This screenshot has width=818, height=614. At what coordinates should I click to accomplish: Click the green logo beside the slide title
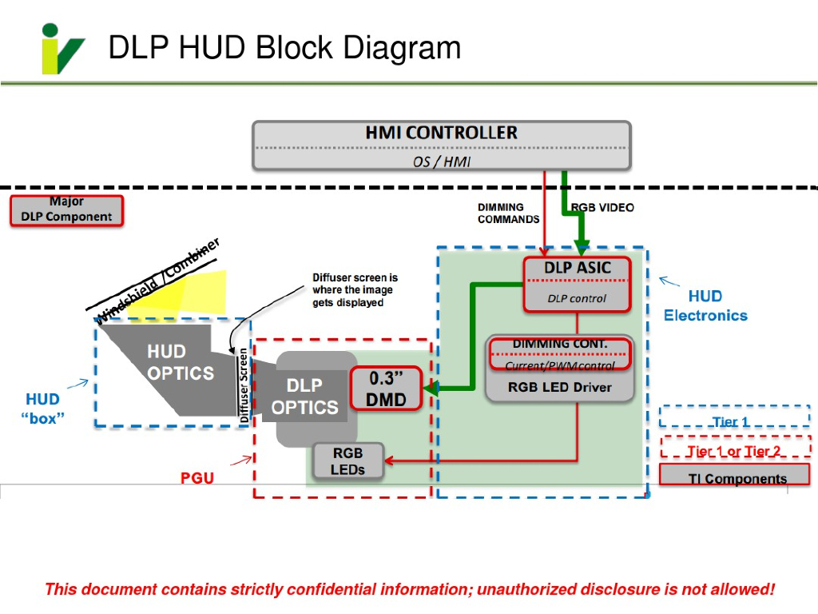62,49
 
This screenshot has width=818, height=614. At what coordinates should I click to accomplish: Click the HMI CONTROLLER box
442,145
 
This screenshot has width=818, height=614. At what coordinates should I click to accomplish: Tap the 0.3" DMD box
387,389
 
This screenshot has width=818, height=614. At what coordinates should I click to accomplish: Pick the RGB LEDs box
348,461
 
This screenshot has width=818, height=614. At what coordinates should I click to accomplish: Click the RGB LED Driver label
560,388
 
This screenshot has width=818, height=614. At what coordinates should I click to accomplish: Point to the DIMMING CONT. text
560,345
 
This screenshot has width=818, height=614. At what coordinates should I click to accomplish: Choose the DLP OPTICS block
304,397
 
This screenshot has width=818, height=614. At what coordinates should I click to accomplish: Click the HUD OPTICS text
181,363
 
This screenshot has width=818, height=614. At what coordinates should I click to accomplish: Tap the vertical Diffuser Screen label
244,385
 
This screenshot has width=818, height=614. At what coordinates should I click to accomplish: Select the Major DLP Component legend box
66,210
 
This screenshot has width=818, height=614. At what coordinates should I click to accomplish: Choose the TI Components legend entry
735,477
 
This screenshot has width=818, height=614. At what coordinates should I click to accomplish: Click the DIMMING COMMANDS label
508,213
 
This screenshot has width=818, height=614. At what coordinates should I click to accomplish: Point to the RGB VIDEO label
602,208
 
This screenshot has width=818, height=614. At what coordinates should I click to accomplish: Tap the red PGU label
197,478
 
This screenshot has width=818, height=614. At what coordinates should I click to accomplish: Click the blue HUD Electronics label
705,306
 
